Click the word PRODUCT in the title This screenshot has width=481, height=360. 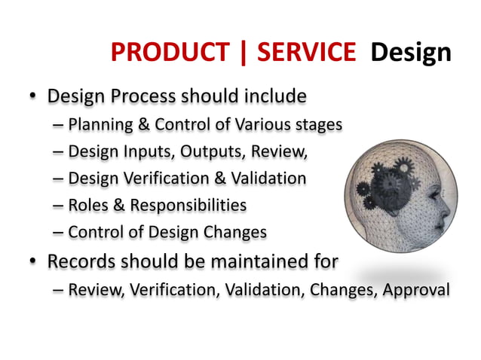[170, 52]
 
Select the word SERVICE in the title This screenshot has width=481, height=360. [306, 52]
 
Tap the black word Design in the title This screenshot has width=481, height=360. [412, 52]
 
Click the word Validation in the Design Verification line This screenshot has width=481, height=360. [269, 179]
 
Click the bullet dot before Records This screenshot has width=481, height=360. [32, 261]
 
